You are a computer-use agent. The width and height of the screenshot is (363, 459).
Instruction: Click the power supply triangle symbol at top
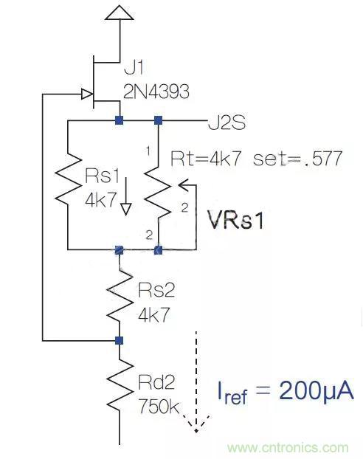tap(119, 13)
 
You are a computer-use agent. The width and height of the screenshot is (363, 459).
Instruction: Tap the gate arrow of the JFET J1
tap(86, 94)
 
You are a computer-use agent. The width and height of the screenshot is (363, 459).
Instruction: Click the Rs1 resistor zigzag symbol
tap(67, 184)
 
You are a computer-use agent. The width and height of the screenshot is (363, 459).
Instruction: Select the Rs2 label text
tap(156, 286)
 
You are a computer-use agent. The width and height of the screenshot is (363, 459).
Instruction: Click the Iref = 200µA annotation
tap(285, 391)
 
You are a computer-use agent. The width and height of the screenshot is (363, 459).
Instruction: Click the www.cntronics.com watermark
tap(288, 447)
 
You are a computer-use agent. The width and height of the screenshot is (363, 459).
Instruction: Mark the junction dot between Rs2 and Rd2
tap(120, 340)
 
